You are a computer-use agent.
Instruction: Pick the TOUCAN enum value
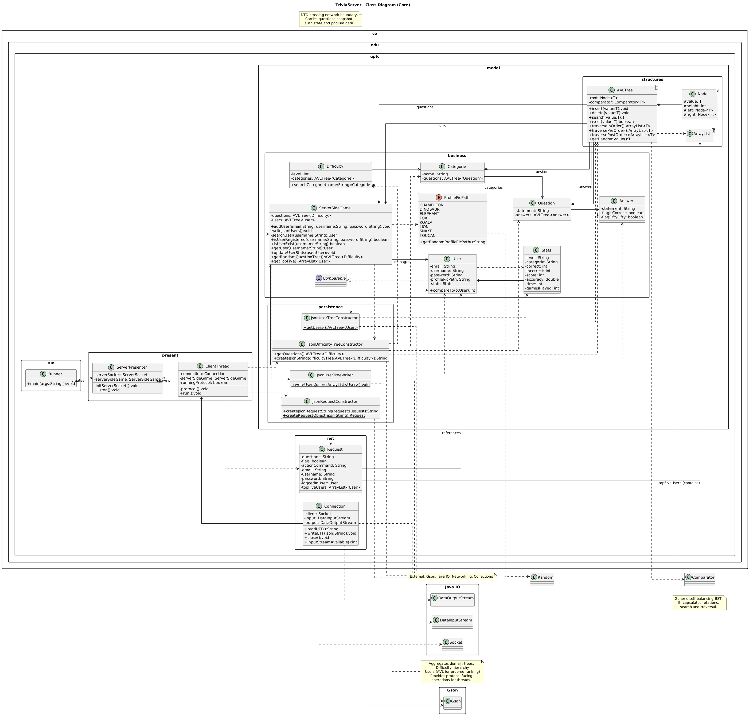pyautogui.click(x=427, y=235)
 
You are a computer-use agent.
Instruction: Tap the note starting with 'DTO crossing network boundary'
pyautogui.click(x=330, y=19)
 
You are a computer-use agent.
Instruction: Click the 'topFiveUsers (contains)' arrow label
pyautogui.click(x=679, y=483)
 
